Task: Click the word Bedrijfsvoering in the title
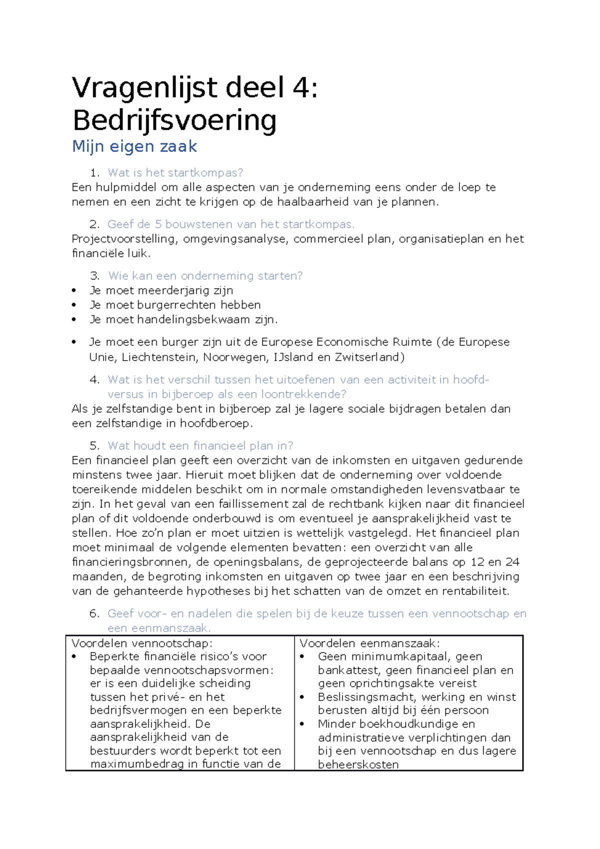174,120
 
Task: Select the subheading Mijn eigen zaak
134,146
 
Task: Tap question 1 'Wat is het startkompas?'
175,173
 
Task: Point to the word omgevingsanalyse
235,239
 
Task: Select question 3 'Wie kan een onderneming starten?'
205,276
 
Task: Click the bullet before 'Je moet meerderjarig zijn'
74,290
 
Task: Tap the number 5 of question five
93,446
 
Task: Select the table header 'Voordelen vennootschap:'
142,643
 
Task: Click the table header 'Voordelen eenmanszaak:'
369,643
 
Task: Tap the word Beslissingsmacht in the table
366,697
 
